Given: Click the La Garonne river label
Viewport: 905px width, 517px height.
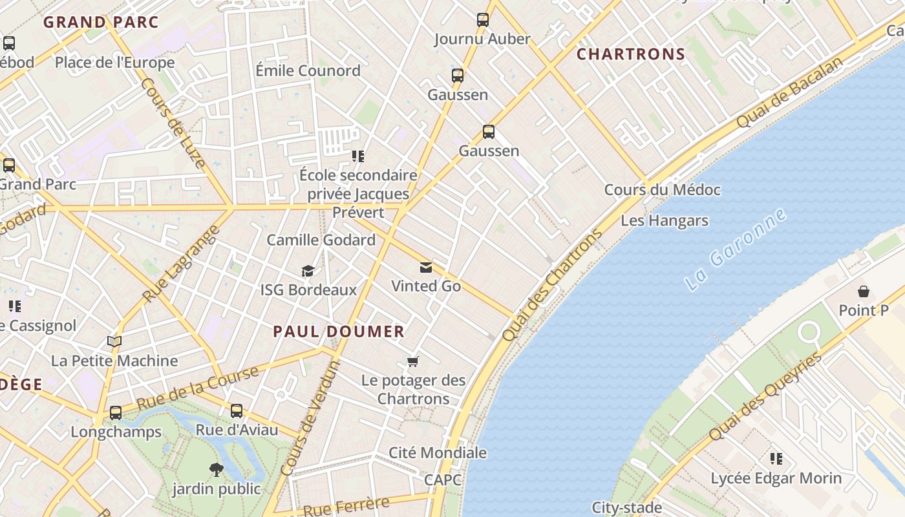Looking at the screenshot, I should (736, 249).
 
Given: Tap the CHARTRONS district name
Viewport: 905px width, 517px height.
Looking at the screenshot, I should (630, 54).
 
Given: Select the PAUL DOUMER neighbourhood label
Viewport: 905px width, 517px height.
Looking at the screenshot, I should (339, 332).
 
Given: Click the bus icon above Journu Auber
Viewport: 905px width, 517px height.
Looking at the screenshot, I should (483, 20).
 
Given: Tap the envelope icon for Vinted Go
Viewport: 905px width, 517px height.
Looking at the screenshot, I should (426, 268).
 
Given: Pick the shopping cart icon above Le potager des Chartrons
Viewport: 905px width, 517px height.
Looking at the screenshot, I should (413, 361).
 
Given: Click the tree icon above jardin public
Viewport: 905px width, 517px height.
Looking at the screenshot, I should (216, 470).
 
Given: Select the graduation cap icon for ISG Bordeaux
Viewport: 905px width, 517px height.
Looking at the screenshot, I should (308, 271).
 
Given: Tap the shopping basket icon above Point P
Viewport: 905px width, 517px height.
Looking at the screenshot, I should (863, 292).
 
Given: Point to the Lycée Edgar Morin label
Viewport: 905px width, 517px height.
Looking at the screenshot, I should (776, 478).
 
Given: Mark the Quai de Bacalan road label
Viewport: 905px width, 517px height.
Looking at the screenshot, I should (790, 92).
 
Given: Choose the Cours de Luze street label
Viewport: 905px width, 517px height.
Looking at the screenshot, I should (173, 123).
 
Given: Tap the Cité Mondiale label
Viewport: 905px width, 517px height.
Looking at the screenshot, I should (437, 452).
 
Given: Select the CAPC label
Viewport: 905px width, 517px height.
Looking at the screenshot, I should (443, 480).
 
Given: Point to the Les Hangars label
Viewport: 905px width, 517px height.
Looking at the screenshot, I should (664, 220).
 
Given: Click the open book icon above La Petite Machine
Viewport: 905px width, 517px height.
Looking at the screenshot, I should (114, 341).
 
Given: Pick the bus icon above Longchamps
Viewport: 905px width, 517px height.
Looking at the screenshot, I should (116, 412).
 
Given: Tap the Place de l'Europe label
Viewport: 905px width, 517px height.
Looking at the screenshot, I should (114, 63).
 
